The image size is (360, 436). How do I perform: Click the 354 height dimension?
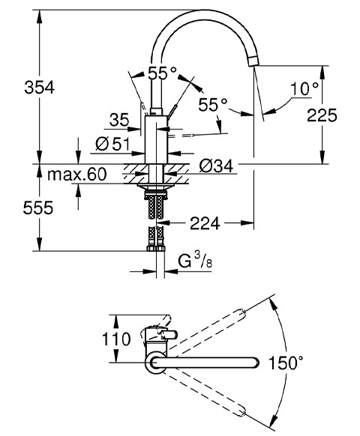click(x=39, y=88)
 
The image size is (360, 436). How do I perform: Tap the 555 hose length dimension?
click(x=37, y=208)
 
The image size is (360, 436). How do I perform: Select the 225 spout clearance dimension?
click(x=322, y=115)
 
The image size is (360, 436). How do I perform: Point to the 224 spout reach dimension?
click(x=205, y=223)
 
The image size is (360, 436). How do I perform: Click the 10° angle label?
click(x=304, y=89)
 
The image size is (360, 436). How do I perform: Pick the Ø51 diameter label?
click(x=112, y=144)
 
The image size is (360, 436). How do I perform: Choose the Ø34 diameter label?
click(x=216, y=166)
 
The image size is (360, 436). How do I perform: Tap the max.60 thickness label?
click(x=76, y=175)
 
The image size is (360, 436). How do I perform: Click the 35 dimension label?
click(x=119, y=120)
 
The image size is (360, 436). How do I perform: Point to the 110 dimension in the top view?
click(x=116, y=339)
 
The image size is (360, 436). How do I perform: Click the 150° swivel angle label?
click(x=286, y=363)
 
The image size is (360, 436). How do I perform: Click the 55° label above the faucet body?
click(x=162, y=73)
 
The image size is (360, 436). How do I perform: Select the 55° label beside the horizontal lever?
click(x=213, y=105)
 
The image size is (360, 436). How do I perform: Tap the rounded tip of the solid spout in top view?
click(x=256, y=363)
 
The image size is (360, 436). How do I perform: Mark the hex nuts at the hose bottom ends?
click(x=156, y=248)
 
